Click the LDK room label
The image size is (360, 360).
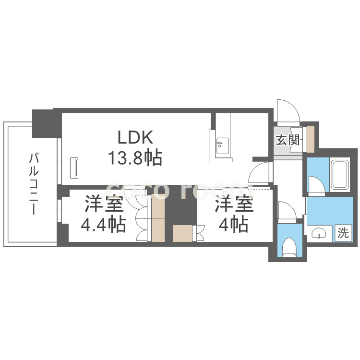tap(136, 138)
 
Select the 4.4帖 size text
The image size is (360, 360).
tap(104, 224)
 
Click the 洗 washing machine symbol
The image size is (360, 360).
tap(342, 233)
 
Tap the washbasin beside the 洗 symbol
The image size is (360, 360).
tap(319, 234)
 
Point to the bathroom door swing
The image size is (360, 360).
tap(315, 184)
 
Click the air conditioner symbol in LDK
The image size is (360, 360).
tap(74, 168)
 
